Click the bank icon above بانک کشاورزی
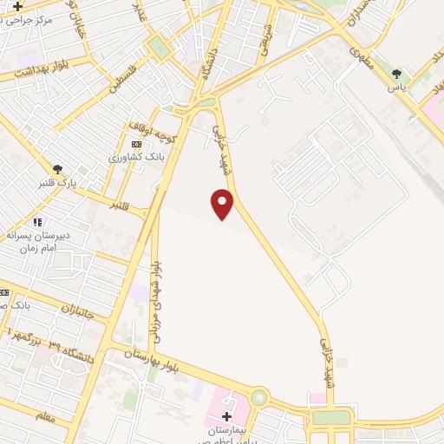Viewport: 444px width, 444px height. coord(134,144)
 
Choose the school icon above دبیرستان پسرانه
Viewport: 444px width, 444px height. coord(36,222)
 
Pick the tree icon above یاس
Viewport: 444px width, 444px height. coord(398,75)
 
